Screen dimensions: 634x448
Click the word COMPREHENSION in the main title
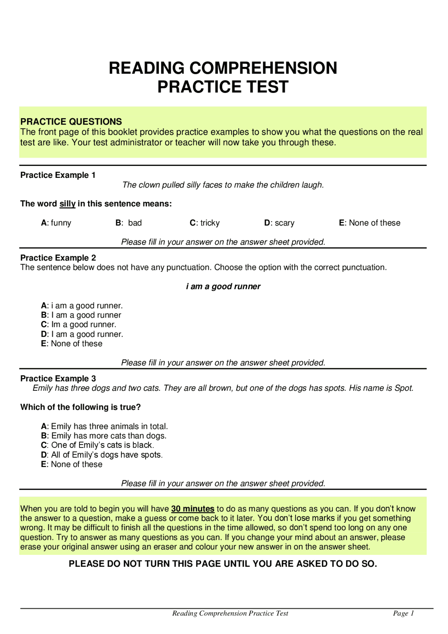(263, 68)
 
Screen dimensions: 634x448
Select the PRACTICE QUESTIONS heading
(71, 121)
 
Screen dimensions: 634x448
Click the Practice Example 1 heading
(58, 175)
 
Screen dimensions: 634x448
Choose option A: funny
(56, 223)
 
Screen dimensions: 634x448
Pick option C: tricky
(204, 223)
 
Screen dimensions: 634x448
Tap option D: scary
(279, 223)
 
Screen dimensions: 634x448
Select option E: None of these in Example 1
(369, 223)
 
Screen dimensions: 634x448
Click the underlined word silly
(68, 204)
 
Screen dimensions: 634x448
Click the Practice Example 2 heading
(58, 258)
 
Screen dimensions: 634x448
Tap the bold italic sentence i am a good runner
(223, 286)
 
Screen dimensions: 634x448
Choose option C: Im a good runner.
(78, 325)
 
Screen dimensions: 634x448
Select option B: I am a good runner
(81, 315)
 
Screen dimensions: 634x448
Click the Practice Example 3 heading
(58, 378)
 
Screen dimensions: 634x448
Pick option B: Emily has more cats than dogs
(104, 436)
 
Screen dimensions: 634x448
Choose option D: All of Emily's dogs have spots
(101, 455)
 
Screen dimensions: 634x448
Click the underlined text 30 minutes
(192, 509)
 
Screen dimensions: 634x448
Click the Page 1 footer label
(403, 613)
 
